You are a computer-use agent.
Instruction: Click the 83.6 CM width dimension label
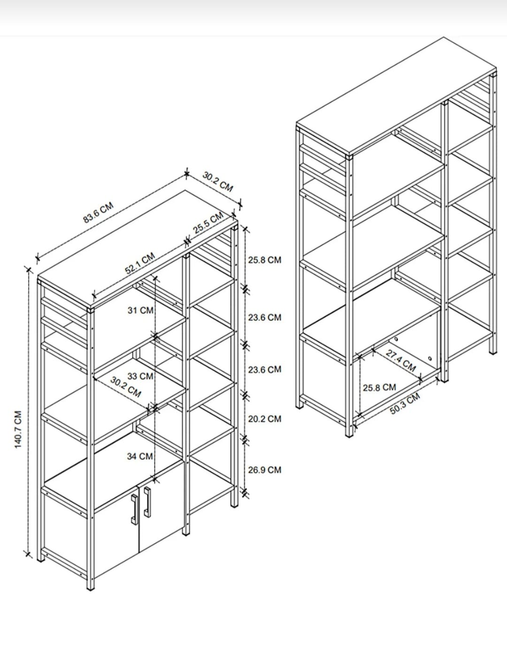(99, 213)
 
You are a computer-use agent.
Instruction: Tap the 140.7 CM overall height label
(18, 429)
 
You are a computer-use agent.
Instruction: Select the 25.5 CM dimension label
(208, 223)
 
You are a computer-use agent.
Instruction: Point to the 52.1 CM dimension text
(140, 263)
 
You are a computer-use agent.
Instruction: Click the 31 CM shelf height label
(140, 310)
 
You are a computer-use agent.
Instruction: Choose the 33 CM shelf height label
(140, 376)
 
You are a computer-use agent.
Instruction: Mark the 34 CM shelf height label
(140, 456)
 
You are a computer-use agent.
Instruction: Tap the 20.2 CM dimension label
(265, 419)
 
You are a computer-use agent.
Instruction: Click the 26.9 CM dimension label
(265, 470)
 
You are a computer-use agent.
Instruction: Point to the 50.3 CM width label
(405, 404)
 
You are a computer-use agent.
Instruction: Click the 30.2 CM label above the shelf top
(218, 182)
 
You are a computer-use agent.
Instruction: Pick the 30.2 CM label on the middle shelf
(125, 387)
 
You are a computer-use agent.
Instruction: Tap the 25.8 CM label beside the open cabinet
(379, 387)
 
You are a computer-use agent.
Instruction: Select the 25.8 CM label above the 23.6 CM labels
(265, 260)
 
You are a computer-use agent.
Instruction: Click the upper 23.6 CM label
(265, 317)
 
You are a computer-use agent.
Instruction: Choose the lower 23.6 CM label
(265, 370)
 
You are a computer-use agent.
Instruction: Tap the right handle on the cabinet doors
(147, 502)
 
